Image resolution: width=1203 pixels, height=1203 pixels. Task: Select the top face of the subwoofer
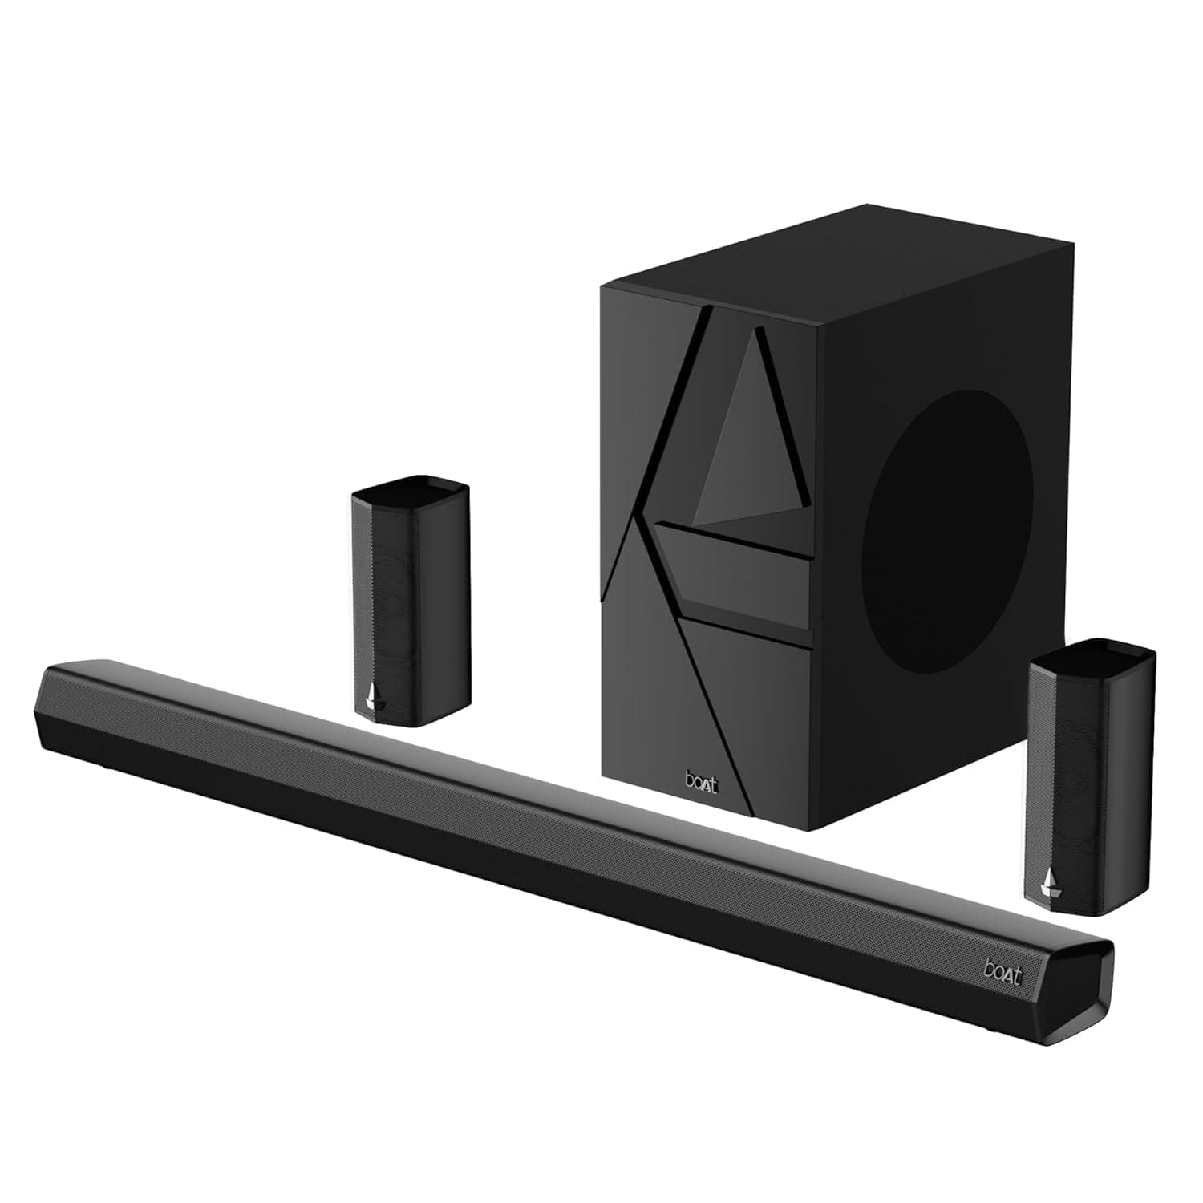pyautogui.click(x=834, y=257)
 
